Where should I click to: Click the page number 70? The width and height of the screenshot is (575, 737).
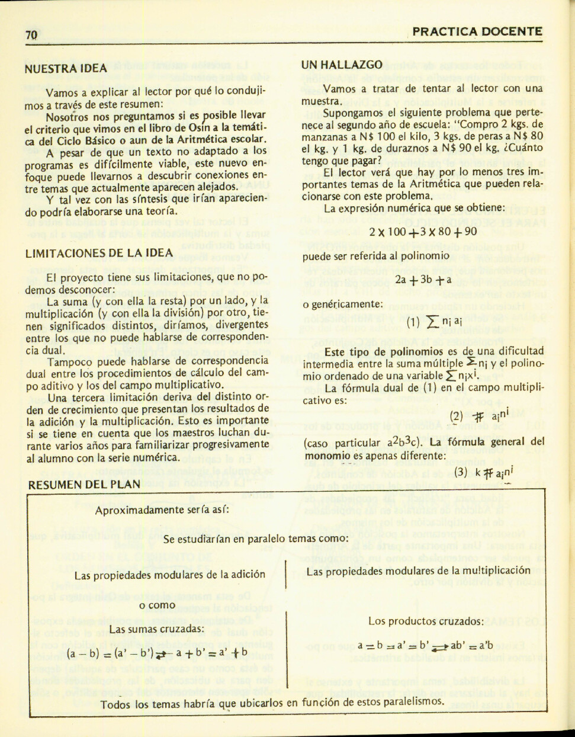click(31, 35)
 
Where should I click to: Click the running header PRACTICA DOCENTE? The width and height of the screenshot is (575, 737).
click(477, 32)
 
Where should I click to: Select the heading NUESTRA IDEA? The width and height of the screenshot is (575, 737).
click(66, 68)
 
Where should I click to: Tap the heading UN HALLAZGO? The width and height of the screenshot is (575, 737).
click(341, 65)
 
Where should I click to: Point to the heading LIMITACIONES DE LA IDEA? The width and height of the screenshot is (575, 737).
click(99, 253)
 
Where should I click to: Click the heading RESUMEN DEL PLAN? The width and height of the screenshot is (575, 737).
click(84, 484)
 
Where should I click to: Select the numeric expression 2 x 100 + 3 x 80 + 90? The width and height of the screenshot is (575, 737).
click(423, 232)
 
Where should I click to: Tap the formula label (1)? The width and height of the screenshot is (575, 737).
click(413, 323)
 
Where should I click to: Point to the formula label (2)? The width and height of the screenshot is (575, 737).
click(456, 416)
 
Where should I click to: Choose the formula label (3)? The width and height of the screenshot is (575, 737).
click(461, 472)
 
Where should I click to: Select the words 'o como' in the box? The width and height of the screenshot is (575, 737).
click(157, 605)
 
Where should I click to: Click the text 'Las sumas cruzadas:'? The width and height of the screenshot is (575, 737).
click(156, 629)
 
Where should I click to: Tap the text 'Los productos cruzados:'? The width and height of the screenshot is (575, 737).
click(426, 621)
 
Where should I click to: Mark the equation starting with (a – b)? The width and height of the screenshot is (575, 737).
click(157, 654)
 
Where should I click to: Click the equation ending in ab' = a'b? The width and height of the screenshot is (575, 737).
click(425, 645)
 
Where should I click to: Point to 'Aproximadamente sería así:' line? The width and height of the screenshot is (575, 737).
click(162, 510)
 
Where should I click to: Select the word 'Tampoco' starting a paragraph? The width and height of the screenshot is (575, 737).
click(69, 361)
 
